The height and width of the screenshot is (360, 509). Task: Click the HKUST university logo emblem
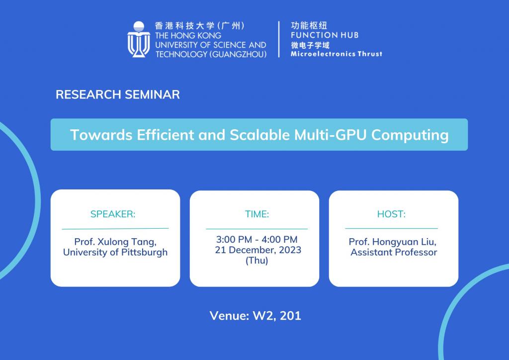pos(139,39)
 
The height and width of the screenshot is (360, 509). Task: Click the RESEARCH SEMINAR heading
pos(117,94)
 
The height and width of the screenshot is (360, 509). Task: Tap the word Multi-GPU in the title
pos(331,135)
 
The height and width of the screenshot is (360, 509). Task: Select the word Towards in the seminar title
pos(101,135)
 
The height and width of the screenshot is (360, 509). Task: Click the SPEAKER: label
pos(113,214)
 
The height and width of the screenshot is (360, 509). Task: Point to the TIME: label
pos(257,214)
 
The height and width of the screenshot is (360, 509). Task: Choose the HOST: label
pos(391,214)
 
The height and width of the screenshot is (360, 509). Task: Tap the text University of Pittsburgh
pos(115,252)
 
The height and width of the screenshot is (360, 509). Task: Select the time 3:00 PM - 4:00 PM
pos(257,239)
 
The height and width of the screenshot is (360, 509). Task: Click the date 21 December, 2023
pos(258,250)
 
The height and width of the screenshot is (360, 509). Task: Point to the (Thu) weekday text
pos(257,261)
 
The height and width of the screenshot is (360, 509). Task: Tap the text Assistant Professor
pos(394,252)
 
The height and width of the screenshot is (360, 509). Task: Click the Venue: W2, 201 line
pos(255,316)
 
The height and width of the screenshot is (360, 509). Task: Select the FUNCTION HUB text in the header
pos(325,35)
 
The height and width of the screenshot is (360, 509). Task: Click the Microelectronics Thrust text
pos(337,54)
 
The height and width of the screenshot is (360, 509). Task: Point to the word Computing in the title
pos(410,135)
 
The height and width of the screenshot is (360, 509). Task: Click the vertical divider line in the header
pos(279,39)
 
